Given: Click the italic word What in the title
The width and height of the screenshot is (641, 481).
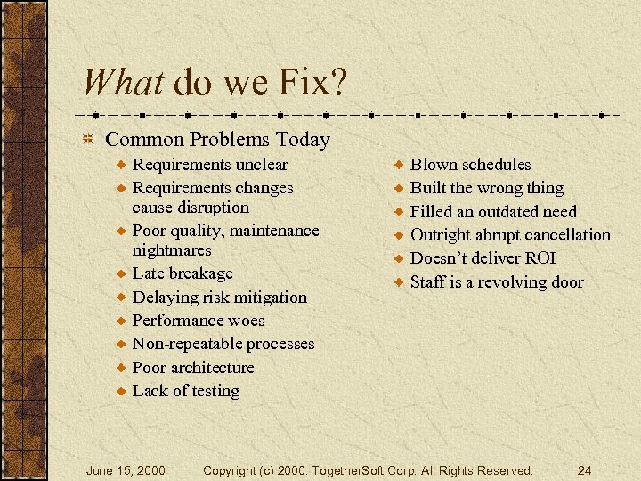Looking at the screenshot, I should pyautogui.click(x=123, y=83).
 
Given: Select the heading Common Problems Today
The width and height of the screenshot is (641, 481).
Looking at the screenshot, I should pyautogui.click(x=217, y=140).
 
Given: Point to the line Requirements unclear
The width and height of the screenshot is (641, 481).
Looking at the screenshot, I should pyautogui.click(x=210, y=165).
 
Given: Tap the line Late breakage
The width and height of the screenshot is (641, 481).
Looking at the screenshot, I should pyautogui.click(x=183, y=273).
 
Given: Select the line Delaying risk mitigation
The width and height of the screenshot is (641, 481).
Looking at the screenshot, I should pyautogui.click(x=219, y=298).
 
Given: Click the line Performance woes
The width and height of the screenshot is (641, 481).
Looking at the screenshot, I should pyautogui.click(x=199, y=321).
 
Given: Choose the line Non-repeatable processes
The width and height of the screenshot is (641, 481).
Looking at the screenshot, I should pyautogui.click(x=223, y=344).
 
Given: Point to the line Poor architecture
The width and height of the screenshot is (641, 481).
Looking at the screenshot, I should pyautogui.click(x=193, y=368).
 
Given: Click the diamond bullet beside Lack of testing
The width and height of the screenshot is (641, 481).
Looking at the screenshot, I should pyautogui.click(x=120, y=391).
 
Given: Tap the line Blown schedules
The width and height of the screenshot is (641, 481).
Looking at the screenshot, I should pyautogui.click(x=470, y=165).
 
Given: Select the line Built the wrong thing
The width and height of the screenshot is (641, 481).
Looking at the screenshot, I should pyautogui.click(x=486, y=188).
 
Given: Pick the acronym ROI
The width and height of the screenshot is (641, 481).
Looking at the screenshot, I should pyautogui.click(x=539, y=258).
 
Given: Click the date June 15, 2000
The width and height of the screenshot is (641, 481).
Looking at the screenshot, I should pyautogui.click(x=126, y=469).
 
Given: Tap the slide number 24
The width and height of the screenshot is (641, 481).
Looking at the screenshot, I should pyautogui.click(x=584, y=469).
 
